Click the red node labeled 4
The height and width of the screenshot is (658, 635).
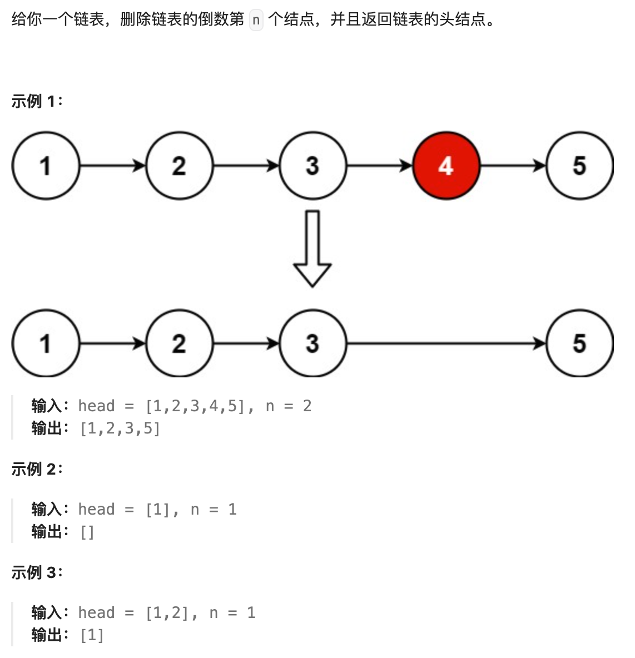446,166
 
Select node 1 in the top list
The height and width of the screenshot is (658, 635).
46,166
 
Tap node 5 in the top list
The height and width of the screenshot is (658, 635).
579,166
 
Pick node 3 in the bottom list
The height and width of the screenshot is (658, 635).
312,343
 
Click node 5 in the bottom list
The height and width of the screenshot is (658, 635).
579,343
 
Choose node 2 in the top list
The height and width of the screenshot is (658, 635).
179,166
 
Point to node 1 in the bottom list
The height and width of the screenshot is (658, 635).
46,343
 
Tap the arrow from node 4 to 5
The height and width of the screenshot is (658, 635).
513,166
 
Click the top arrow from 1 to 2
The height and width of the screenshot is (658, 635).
112,166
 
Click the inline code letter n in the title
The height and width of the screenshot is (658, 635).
256,21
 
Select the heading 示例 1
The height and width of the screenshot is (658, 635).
37,101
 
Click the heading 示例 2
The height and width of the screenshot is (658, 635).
37,469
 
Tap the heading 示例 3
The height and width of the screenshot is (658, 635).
37,572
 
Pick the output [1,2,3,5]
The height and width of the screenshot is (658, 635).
120,428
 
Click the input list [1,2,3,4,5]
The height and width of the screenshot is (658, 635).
195,406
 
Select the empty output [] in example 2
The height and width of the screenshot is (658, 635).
87,532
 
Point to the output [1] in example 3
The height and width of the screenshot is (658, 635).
92,635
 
